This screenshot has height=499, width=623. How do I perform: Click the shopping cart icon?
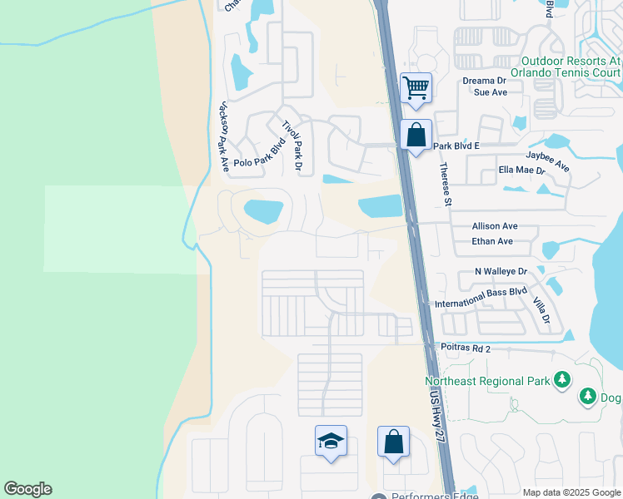coord(416,86)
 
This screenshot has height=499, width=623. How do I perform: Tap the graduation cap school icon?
coord(331,441)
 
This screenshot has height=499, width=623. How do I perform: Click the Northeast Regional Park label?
coord(487,381)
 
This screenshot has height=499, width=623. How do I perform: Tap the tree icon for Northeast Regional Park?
coord(563,380)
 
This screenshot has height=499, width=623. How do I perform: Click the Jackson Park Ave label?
coord(222,137)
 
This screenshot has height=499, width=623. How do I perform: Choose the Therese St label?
coord(446,184)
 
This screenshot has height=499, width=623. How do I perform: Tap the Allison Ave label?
coord(495,225)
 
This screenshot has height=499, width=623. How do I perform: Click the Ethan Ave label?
coord(492,241)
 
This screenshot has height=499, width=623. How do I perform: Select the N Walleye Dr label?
coord(501,271)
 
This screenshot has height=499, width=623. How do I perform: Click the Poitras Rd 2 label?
coord(461,350)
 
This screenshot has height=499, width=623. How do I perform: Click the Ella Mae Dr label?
coord(521,170)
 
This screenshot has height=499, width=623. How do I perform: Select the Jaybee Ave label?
coord(548,161)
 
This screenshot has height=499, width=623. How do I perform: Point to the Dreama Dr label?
coord(484,81)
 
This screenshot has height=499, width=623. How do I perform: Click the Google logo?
coord(27,489)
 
